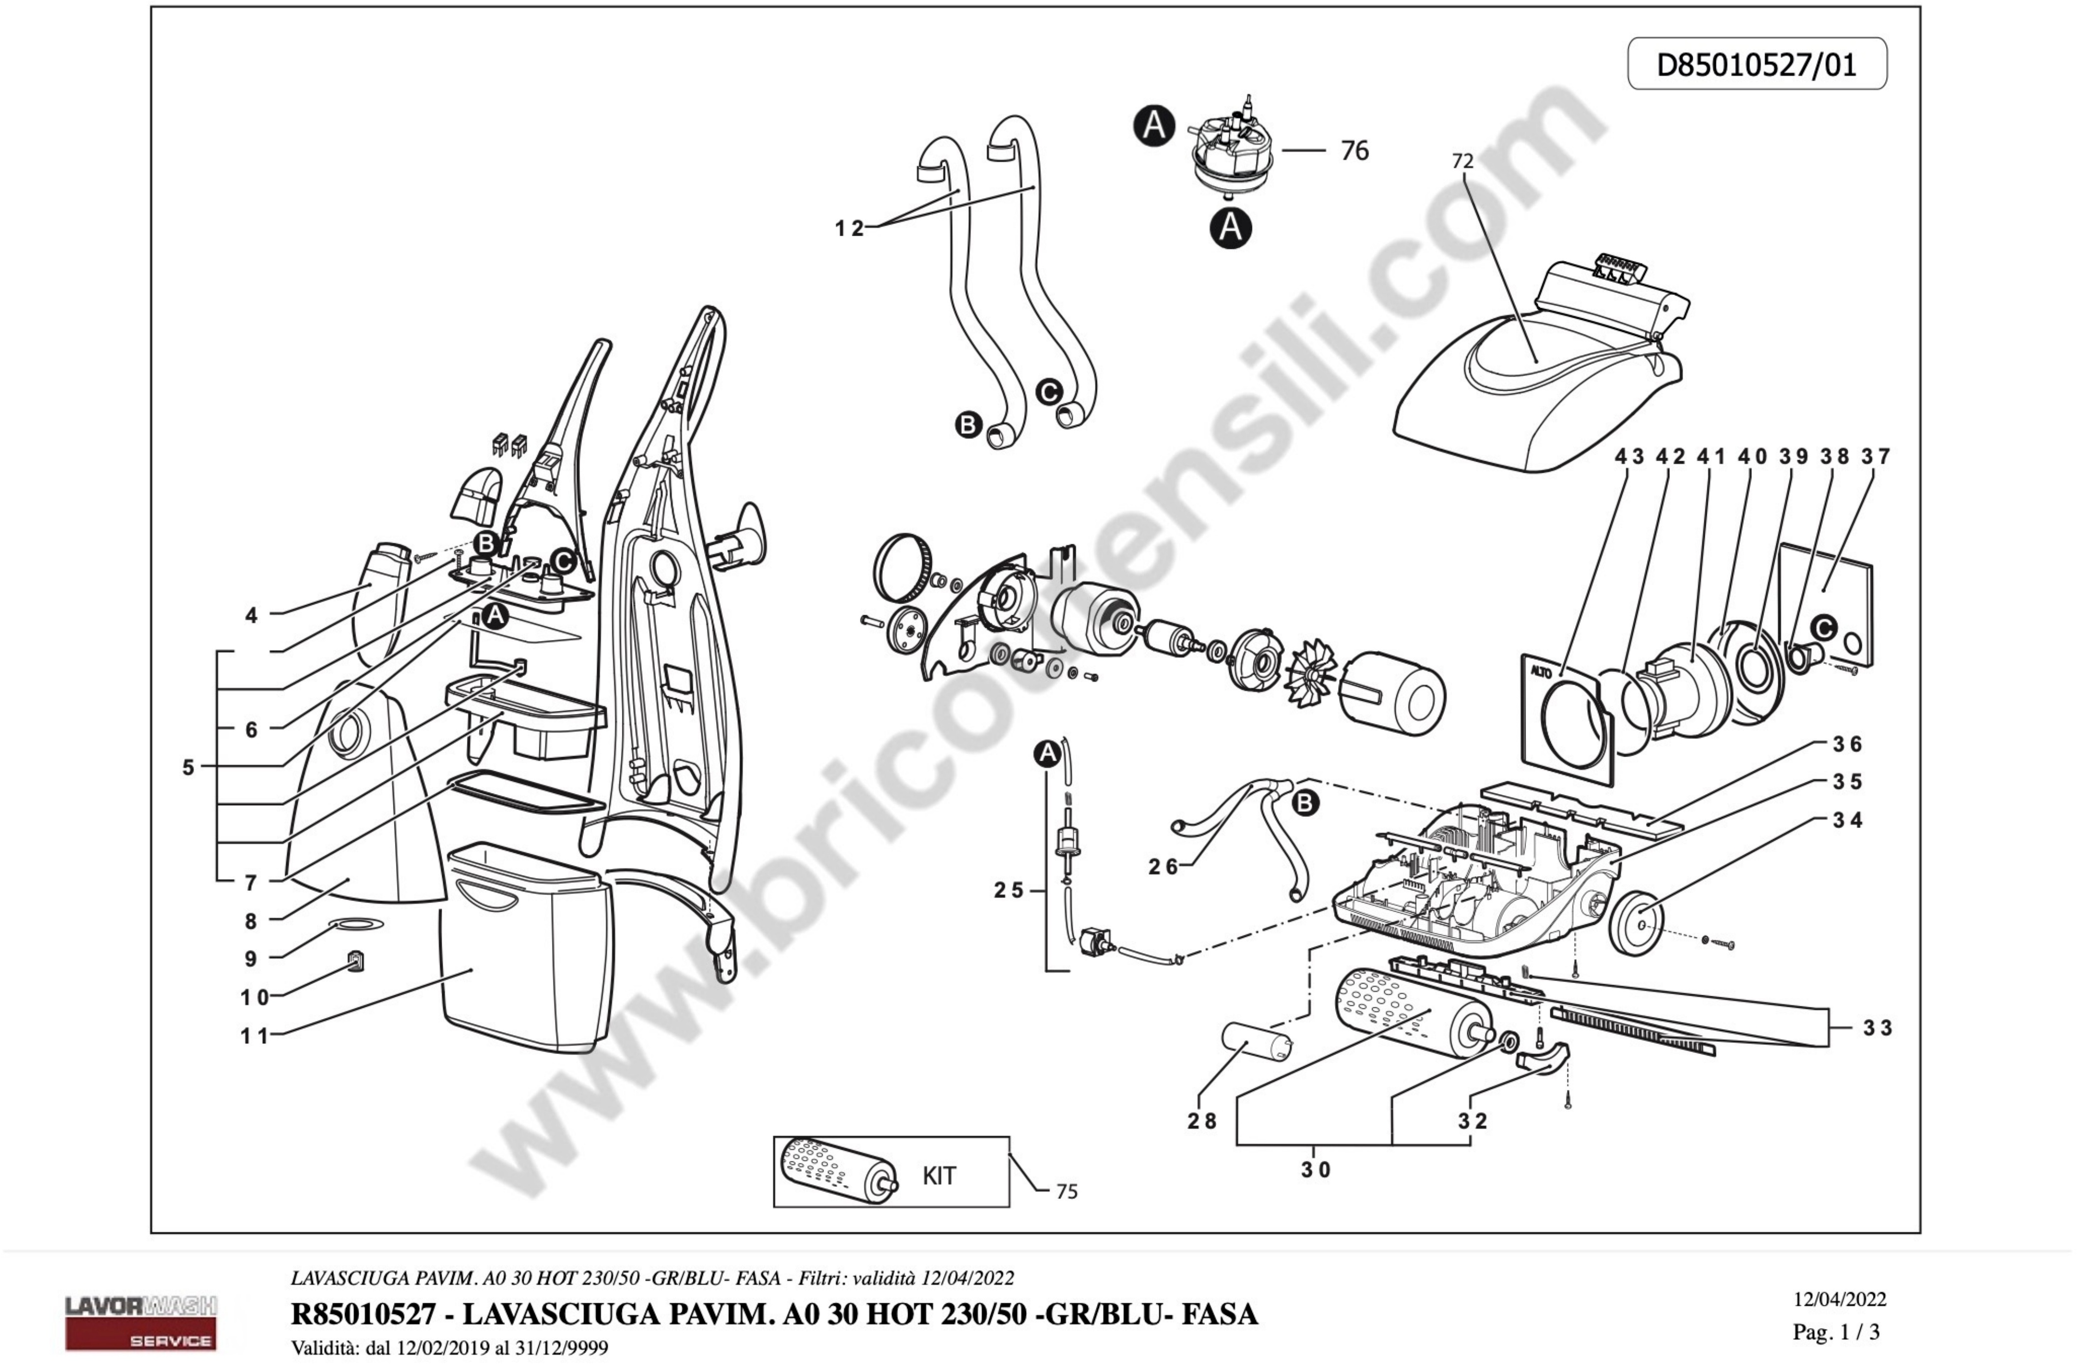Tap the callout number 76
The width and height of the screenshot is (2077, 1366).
[1355, 151]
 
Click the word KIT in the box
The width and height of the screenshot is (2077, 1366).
[939, 1176]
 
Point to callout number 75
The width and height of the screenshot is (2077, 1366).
[1066, 1192]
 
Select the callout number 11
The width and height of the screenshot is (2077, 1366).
[254, 1036]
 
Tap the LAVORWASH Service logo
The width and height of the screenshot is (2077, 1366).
[140, 1322]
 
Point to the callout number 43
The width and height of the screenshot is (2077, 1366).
[1629, 456]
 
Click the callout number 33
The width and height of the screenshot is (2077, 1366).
[1877, 1028]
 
